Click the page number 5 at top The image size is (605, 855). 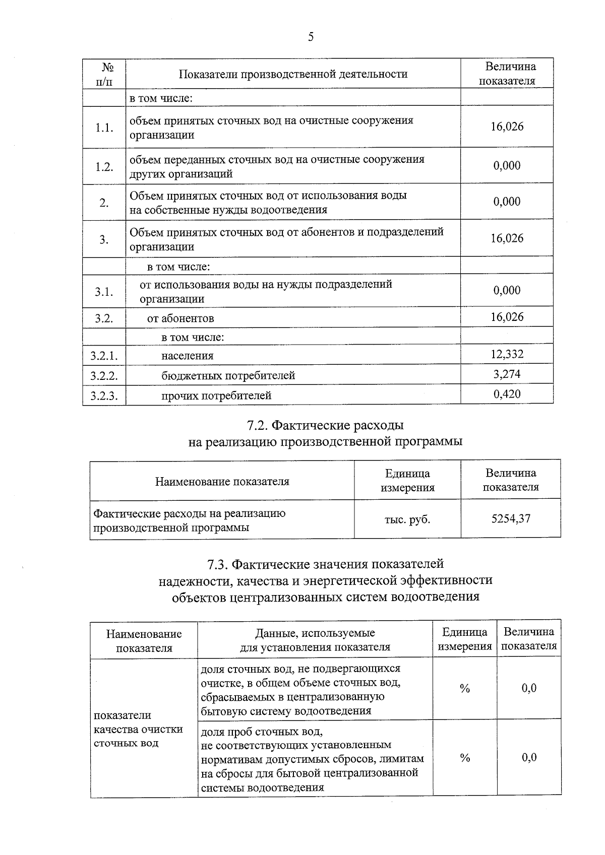click(311, 37)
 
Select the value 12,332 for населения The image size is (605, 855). click(507, 354)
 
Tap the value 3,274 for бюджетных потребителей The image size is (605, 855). click(507, 374)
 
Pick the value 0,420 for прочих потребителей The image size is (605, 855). click(507, 394)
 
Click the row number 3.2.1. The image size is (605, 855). click(104, 356)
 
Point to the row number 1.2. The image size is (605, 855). click(104, 167)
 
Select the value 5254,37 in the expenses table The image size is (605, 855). click(511, 518)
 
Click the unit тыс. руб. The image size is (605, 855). click(407, 519)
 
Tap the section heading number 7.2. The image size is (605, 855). click(257, 426)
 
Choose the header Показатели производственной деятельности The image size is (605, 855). click(293, 75)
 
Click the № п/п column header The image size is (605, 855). click(104, 74)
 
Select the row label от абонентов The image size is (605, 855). click(180, 318)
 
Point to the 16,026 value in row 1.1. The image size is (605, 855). click(507, 127)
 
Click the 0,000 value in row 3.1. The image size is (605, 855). click(507, 291)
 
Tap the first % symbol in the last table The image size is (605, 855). click(464, 689)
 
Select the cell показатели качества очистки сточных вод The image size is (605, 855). click(138, 729)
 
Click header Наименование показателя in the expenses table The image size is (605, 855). click(222, 481)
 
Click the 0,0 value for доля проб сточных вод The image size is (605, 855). click(529, 758)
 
